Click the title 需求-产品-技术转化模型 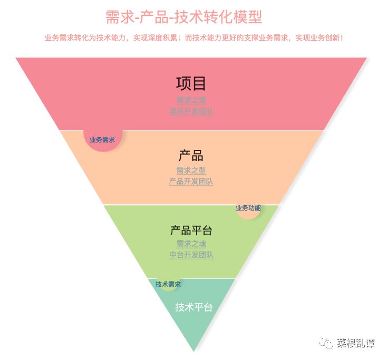(183, 17)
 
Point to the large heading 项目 (191, 83)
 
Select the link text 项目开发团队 (191, 111)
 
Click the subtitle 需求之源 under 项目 (191, 100)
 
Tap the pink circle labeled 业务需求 (102, 140)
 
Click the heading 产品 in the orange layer (191, 156)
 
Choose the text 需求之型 (191, 170)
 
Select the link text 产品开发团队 (191, 182)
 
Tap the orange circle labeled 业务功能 (248, 208)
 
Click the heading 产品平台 (191, 231)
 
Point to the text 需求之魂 (191, 243)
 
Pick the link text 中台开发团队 (191, 255)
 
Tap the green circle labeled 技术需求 (168, 284)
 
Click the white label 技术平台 (193, 307)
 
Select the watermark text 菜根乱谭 (356, 344)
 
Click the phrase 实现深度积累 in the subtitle (156, 38)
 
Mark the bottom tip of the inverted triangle (194, 351)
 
